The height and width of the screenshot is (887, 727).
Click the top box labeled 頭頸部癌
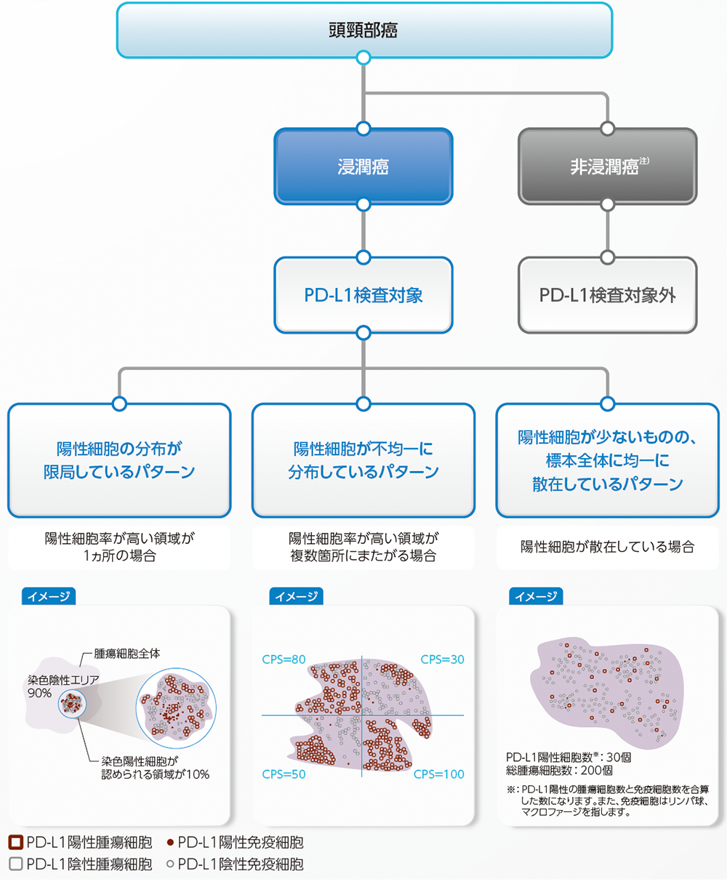(x=363, y=31)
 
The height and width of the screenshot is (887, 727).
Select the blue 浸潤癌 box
(x=363, y=166)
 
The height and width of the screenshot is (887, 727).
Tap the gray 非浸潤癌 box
(x=607, y=166)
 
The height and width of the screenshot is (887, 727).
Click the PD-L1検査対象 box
(x=363, y=295)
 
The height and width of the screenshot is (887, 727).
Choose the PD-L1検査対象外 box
(x=607, y=295)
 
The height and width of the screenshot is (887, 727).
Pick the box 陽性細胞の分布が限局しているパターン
(x=119, y=460)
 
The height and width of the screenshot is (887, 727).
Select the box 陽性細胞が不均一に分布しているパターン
(x=363, y=460)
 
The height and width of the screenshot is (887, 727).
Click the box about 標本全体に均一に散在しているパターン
(x=607, y=460)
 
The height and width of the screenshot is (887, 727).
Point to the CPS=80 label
(x=284, y=660)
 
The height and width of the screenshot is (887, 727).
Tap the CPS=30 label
(x=443, y=660)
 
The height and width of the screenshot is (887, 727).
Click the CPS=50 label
(x=284, y=774)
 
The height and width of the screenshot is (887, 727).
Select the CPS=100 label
(x=439, y=774)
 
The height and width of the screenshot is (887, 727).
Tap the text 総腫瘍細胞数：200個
(x=560, y=770)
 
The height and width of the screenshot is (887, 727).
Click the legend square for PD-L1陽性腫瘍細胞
(x=15, y=843)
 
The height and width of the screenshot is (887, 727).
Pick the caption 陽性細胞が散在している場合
(x=607, y=547)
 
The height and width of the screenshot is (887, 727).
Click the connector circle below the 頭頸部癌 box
(x=363, y=57)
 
